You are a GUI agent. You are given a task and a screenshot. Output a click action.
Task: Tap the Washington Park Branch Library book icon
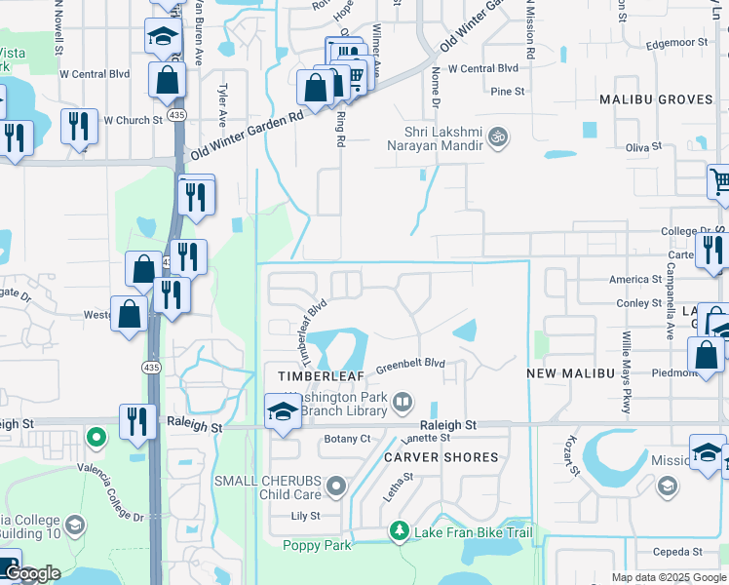pos(402,402)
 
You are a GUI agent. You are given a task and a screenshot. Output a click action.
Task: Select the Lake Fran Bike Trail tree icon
pos(399,530)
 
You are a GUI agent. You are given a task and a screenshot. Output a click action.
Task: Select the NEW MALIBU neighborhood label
pos(569,374)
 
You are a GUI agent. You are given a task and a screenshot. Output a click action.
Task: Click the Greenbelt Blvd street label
pos(411,365)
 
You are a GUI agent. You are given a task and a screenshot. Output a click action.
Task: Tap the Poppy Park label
pos(317,546)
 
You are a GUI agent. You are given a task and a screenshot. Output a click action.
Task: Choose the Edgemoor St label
pos(675,43)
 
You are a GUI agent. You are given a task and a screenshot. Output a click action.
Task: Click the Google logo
pos(32,574)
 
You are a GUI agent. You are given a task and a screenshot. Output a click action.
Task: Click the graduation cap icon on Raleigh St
pos(283,409)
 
